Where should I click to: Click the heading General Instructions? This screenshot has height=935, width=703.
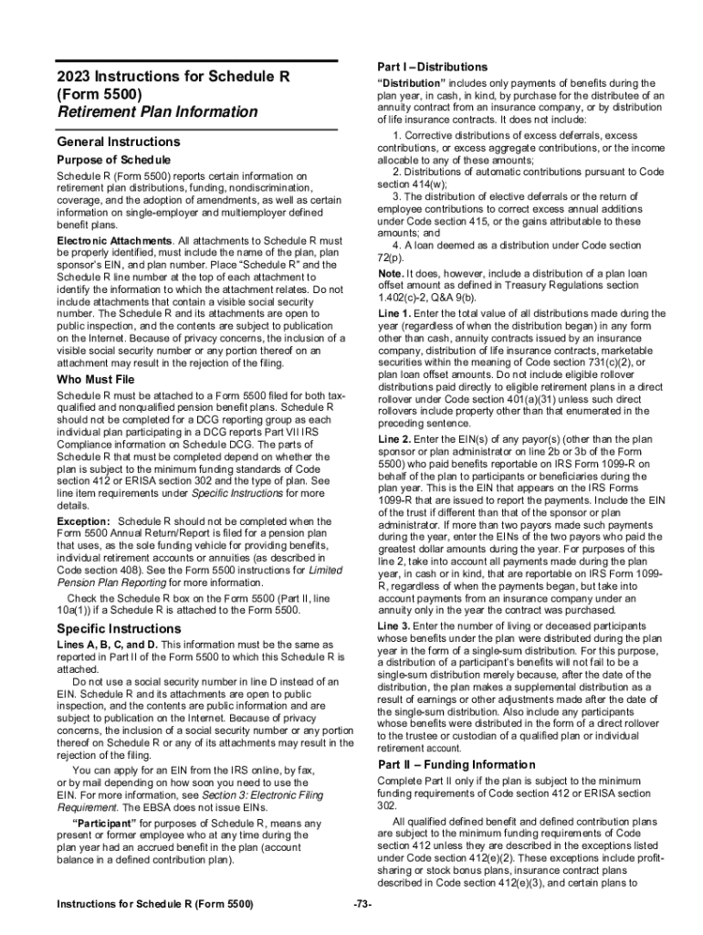pos(118,142)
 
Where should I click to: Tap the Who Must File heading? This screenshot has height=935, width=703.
pos(95,379)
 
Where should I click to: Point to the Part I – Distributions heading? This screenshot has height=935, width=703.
pos(432,68)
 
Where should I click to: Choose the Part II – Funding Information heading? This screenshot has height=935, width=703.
pos(456,764)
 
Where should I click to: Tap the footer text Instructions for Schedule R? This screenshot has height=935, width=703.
pos(154,904)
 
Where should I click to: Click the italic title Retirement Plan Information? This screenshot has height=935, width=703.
pos(157,112)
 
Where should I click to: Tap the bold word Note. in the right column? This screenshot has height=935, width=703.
pos(390,274)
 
